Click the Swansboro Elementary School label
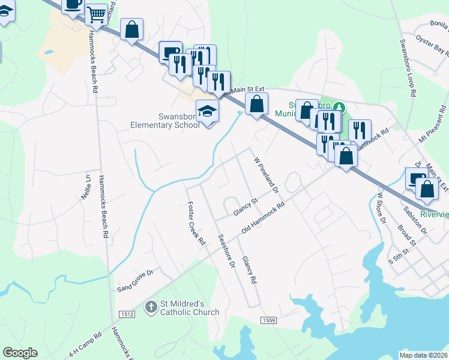(165, 121)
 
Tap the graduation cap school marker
(208, 112)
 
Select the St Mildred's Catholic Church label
(190, 308)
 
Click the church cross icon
(151, 308)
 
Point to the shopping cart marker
(96, 16)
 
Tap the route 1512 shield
(127, 314)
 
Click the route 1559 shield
(268, 321)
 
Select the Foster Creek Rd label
(196, 224)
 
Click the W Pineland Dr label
(267, 175)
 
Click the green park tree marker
(339, 107)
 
